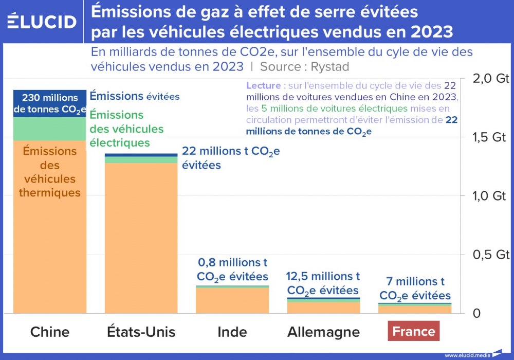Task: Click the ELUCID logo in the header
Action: pyautogui.click(x=42, y=21)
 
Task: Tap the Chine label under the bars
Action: pyautogui.click(x=50, y=332)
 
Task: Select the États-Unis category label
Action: pyautogui.click(x=141, y=332)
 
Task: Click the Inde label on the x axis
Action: pyautogui.click(x=232, y=332)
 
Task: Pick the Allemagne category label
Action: pyautogui.click(x=323, y=332)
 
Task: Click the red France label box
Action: pyautogui.click(x=414, y=332)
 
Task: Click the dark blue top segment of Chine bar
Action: pyautogui.click(x=50, y=103)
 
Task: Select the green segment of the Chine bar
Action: pyautogui.click(x=50, y=129)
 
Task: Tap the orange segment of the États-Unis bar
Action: pyautogui.click(x=141, y=237)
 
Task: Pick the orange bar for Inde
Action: pyautogui.click(x=232, y=301)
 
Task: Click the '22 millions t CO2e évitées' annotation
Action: pyautogui.click(x=231, y=158)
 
